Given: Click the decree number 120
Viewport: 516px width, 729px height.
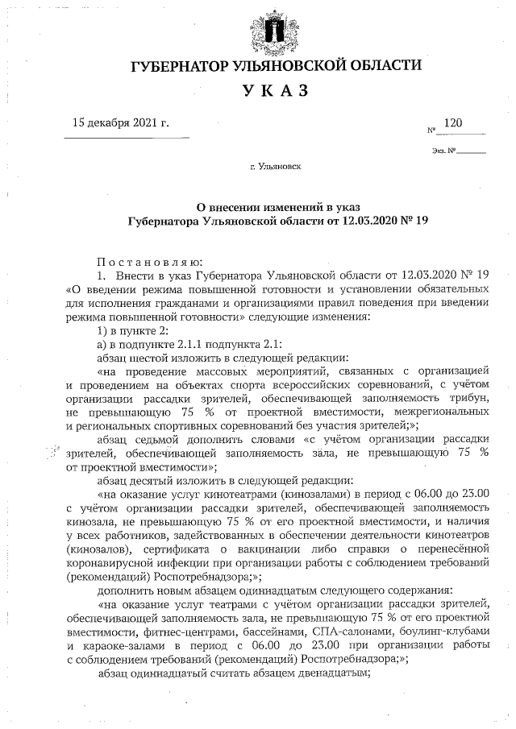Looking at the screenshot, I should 454,123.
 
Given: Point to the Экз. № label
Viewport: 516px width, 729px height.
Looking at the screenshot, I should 444,151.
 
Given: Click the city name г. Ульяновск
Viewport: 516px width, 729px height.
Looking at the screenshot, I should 276,168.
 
